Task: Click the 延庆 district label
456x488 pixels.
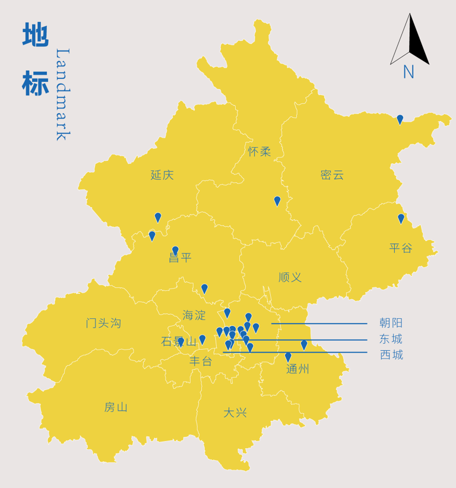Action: coord(162,175)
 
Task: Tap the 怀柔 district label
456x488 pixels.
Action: coord(259,152)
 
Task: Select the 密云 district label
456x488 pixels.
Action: coord(332,175)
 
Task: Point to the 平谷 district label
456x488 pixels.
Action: coord(401,248)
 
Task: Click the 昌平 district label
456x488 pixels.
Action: coord(180,258)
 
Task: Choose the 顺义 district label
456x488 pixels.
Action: coord(290,277)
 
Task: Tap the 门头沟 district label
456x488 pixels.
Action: coord(103,324)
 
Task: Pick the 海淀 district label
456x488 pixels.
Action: coord(195,315)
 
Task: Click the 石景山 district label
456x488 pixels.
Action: coord(179,342)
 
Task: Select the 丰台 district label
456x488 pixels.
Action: coord(201,361)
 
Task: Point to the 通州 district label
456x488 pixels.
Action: coord(297,369)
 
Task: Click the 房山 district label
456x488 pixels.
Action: coord(116,407)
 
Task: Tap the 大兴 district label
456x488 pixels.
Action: coord(235,413)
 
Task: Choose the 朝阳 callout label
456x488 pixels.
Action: coord(391,324)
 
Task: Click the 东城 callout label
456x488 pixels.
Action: coord(391,340)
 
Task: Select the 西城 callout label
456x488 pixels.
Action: coord(391,355)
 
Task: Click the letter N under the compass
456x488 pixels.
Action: coord(408,72)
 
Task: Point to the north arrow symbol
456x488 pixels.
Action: coord(410,40)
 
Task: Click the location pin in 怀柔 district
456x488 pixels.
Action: coord(277,201)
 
